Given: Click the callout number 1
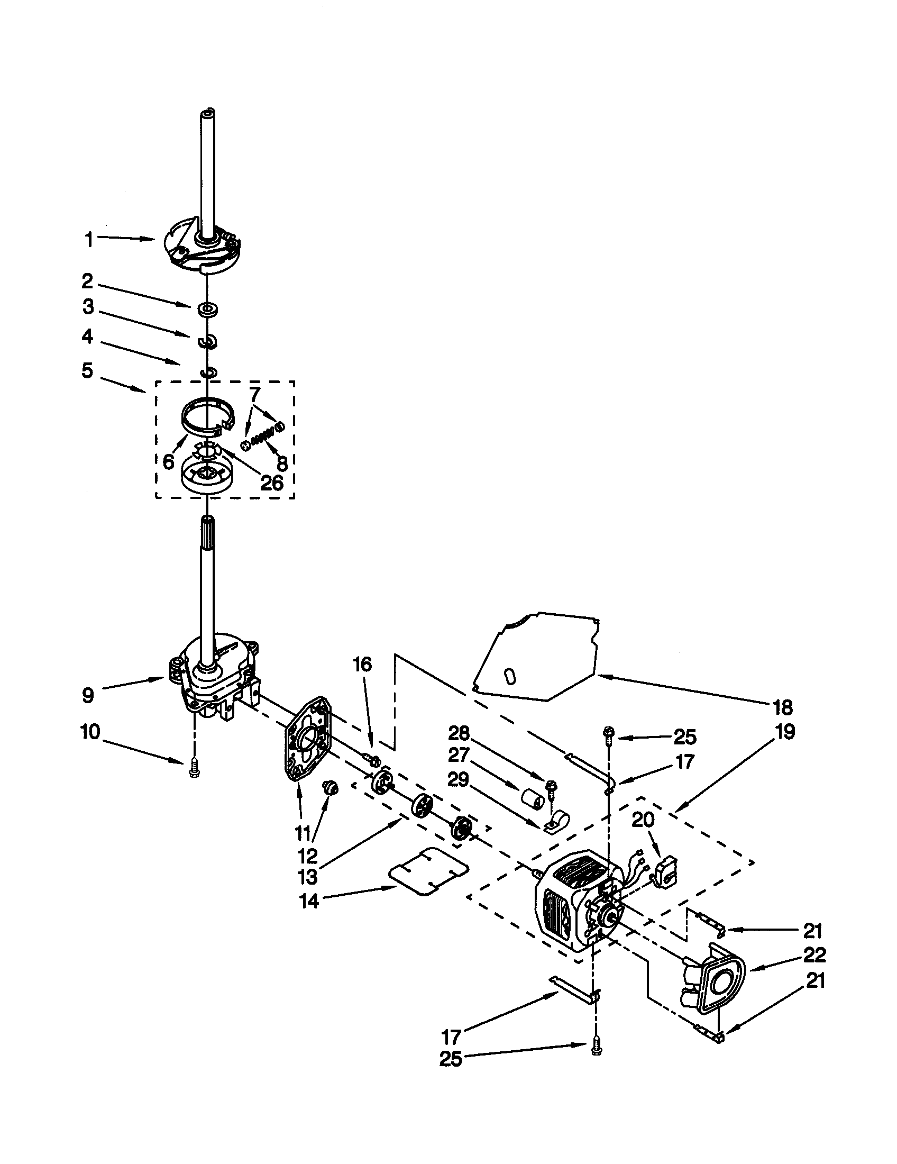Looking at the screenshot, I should (x=89, y=240).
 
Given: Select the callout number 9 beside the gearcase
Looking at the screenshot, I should (x=88, y=695).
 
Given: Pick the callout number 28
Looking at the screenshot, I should (x=459, y=734).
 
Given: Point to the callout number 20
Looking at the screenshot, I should (x=643, y=819).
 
